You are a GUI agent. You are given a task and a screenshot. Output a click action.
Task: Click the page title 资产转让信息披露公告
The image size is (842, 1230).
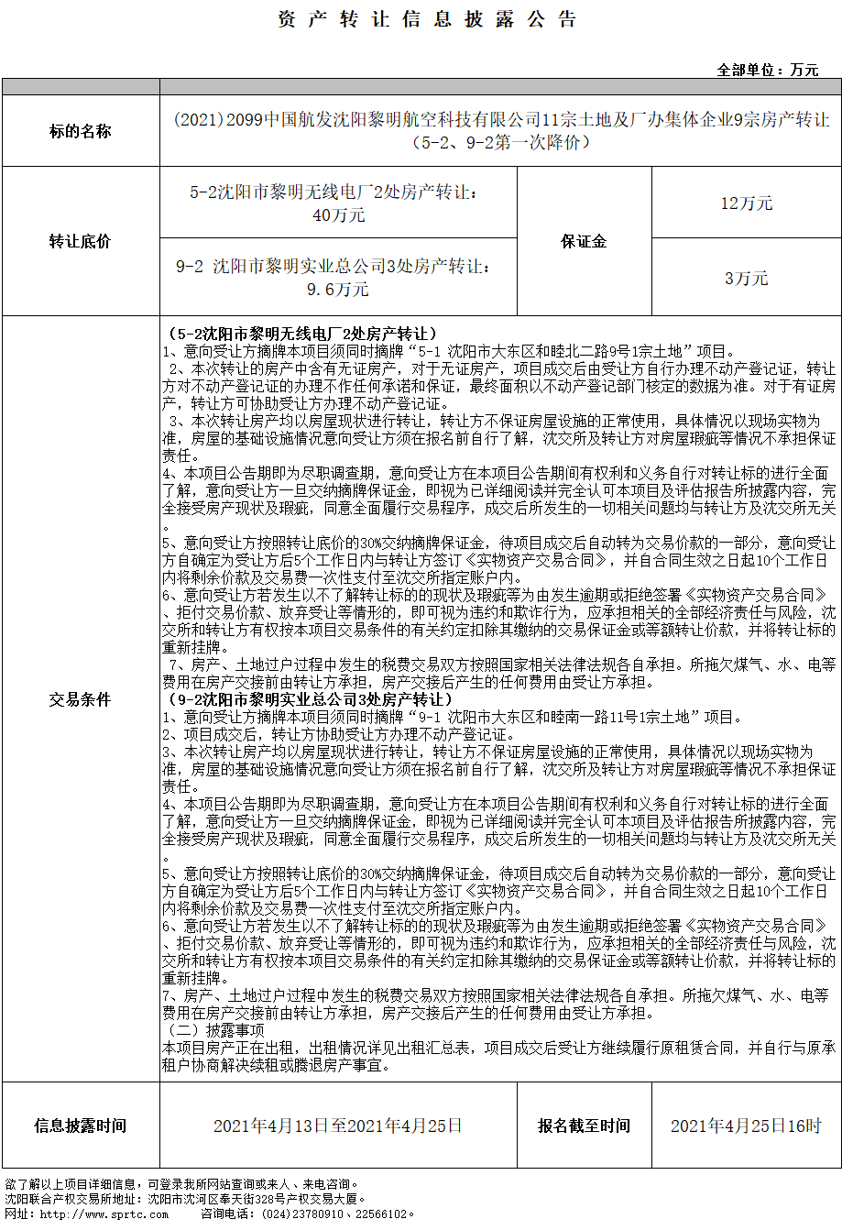(x=427, y=20)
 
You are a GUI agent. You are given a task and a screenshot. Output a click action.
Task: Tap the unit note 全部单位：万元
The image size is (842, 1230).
(x=767, y=70)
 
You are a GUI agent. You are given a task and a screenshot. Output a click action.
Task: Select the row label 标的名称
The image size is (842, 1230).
(x=80, y=131)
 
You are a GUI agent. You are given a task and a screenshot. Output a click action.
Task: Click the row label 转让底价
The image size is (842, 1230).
(x=80, y=241)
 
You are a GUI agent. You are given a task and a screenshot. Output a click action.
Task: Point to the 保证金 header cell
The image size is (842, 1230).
(x=584, y=241)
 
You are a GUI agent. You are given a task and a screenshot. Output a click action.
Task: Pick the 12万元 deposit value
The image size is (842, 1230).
(x=746, y=203)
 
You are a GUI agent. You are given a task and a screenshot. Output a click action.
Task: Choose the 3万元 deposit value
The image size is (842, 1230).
(x=746, y=278)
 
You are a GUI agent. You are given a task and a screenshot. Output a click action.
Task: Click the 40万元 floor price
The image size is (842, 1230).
(x=338, y=215)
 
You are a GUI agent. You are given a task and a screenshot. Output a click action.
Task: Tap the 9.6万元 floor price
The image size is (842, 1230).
(x=338, y=289)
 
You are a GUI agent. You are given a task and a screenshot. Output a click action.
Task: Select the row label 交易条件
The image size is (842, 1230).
(x=80, y=699)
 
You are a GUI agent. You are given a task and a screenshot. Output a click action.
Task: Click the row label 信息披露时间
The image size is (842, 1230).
(x=80, y=1126)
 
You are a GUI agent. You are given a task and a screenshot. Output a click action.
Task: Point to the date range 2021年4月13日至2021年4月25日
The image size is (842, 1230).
(x=338, y=1126)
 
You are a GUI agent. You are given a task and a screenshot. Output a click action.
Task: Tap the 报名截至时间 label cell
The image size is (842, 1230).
(x=584, y=1126)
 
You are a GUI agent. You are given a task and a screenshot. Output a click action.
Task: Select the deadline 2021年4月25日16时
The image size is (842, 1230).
(x=746, y=1126)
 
